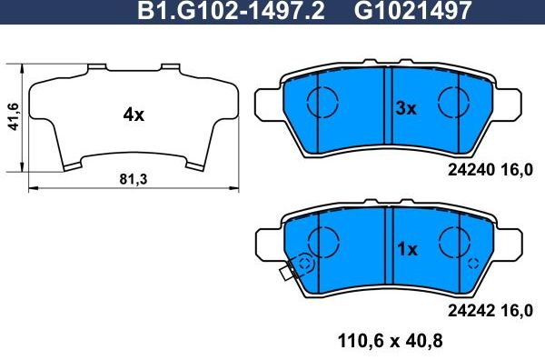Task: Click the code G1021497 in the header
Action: pyautogui.click(x=401, y=11)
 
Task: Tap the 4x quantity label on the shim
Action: pyautogui.click(x=134, y=115)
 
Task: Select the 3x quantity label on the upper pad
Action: pyautogui.click(x=405, y=109)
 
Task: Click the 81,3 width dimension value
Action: pyautogui.click(x=134, y=179)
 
